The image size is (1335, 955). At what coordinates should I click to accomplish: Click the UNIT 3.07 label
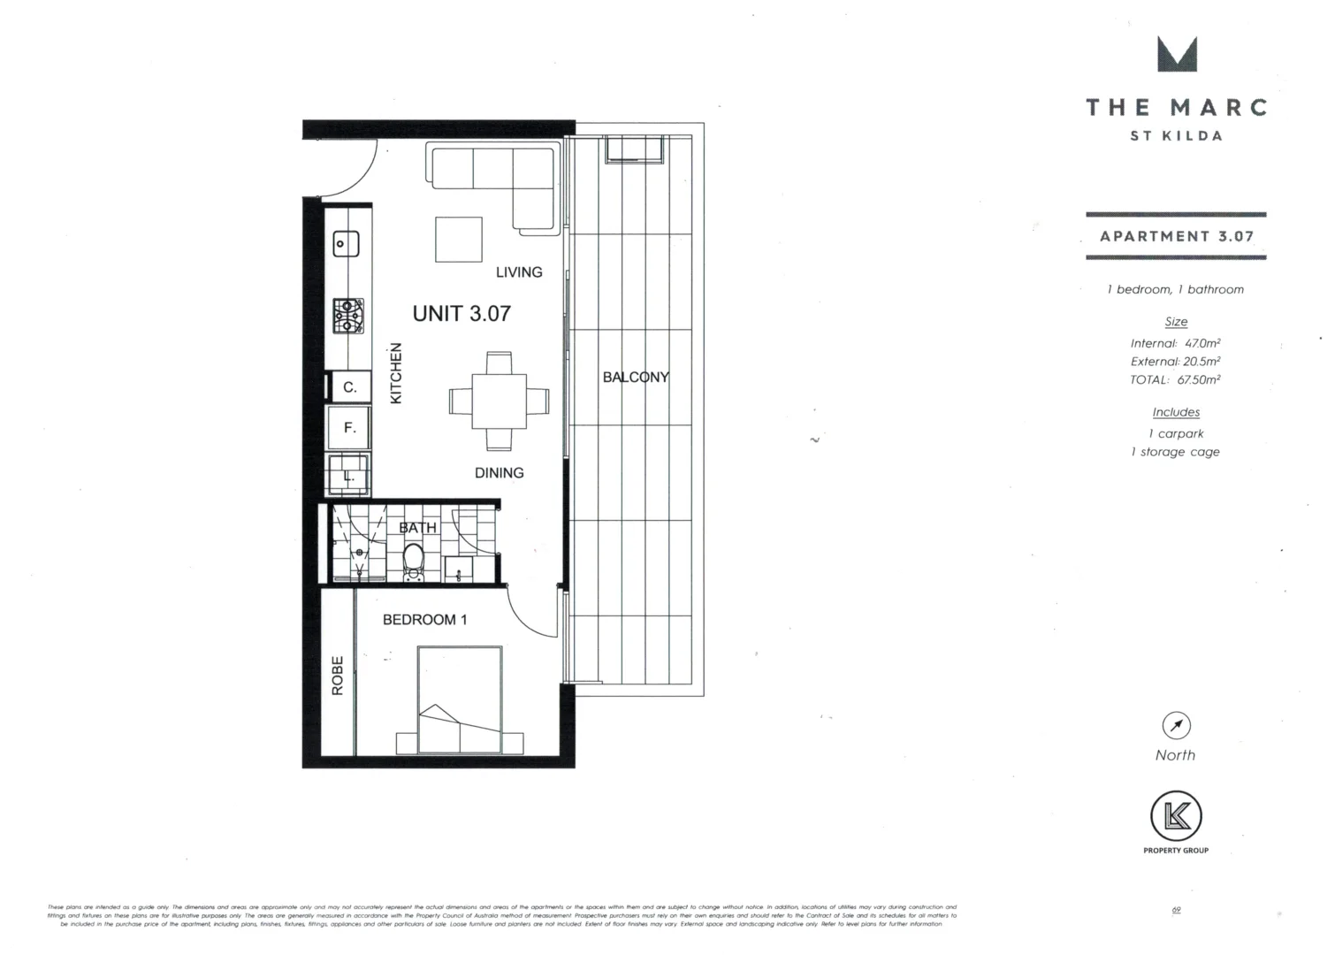462,314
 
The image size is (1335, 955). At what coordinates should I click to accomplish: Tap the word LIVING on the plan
519,272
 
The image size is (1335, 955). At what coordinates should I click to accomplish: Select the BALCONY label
636,378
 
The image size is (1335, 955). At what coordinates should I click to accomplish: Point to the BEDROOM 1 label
424,620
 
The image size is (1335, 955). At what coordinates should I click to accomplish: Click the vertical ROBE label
338,676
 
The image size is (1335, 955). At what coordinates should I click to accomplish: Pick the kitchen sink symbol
345,244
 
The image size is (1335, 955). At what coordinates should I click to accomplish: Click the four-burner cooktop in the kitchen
347,315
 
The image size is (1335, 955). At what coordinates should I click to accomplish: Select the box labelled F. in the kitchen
349,428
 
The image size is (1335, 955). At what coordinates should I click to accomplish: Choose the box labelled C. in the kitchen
349,387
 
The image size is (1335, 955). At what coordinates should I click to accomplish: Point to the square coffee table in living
458,240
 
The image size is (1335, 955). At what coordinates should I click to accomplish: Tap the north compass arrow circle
1176,726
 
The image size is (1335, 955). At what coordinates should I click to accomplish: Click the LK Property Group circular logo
1176,816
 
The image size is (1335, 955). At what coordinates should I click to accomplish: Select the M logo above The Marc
1177,54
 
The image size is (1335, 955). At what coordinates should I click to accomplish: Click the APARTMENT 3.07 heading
1176,236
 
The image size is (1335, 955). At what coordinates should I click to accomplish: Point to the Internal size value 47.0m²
1202,343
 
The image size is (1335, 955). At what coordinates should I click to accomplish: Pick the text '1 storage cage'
1175,452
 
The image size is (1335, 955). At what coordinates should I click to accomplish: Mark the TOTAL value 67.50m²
1198,380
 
